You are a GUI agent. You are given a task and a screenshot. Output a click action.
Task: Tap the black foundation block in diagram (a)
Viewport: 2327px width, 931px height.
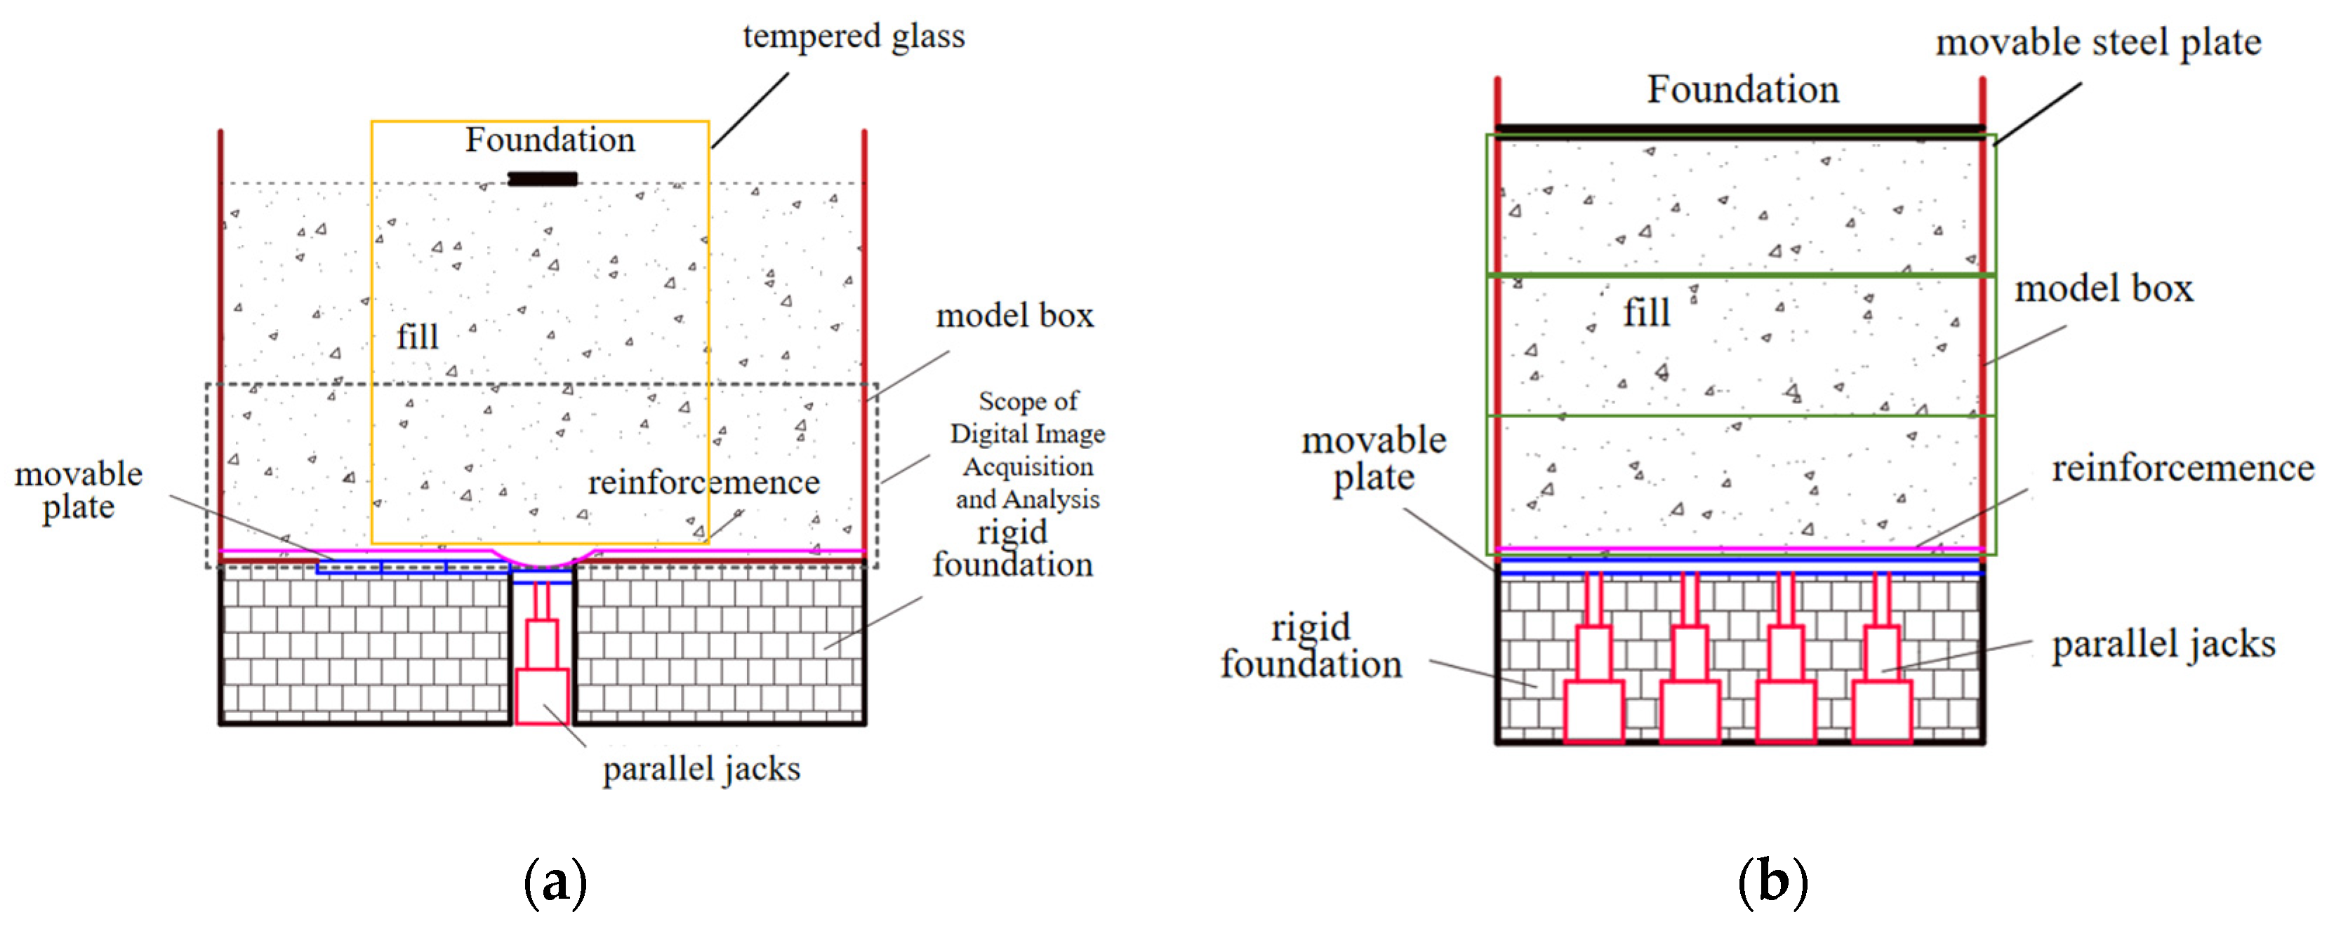tap(542, 179)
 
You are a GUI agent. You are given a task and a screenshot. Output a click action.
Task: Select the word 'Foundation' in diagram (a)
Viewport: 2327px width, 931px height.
tap(550, 140)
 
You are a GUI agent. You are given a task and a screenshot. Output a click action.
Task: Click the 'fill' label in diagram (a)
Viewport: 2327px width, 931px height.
tap(418, 337)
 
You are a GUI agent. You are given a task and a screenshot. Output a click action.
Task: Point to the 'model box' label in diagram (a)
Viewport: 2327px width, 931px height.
tap(1014, 315)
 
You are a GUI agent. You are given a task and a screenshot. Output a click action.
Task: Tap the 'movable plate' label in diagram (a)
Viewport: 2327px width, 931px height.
tap(79, 490)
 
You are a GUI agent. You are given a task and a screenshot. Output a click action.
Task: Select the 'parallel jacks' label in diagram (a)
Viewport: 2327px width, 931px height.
tap(702, 768)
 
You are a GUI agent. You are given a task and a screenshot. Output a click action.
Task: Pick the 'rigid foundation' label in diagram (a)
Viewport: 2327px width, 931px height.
tap(1013, 548)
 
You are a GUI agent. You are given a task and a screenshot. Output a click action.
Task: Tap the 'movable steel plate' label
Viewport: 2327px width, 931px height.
tap(2098, 42)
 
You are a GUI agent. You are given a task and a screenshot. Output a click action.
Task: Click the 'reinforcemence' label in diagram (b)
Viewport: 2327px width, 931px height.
tap(2182, 468)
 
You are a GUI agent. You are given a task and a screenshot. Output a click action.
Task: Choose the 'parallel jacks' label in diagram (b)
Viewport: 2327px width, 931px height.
tap(2163, 644)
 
